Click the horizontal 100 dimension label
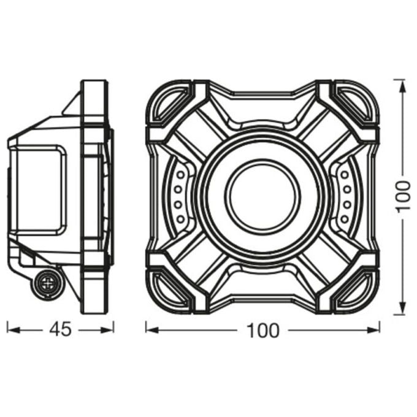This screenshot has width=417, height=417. pyautogui.click(x=263, y=331)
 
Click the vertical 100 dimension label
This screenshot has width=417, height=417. pyautogui.click(x=403, y=196)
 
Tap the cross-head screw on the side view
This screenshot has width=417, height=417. pyautogui.click(x=48, y=283)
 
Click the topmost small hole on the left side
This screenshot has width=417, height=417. pyautogui.click(x=181, y=175)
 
